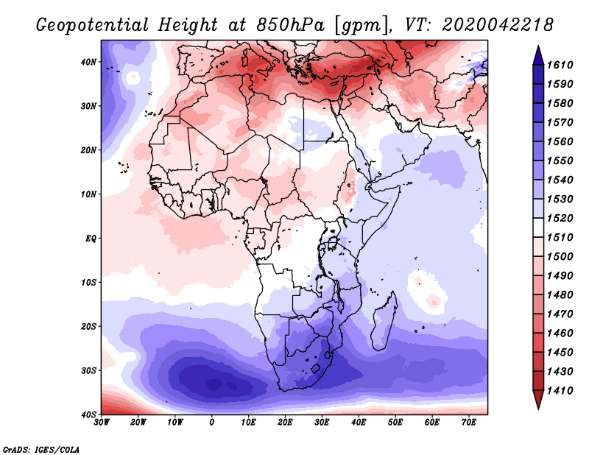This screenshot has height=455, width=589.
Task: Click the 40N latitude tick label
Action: [x=88, y=62]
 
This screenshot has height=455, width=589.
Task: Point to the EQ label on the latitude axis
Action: [x=91, y=239]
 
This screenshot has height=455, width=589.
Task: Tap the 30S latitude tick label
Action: [x=88, y=370]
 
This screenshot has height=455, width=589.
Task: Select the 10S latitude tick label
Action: [x=88, y=282]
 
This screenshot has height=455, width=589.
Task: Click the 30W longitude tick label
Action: [x=102, y=423]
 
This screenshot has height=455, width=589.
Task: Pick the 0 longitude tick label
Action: [x=212, y=423]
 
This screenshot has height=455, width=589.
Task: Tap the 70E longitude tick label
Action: [x=468, y=423]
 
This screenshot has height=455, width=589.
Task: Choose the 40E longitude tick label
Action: [x=359, y=423]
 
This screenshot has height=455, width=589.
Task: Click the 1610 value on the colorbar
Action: [x=560, y=65]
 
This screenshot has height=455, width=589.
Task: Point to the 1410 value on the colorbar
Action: [x=560, y=391]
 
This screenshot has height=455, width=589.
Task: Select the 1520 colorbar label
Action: [x=560, y=218]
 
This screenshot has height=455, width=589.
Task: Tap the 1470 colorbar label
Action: [x=560, y=314]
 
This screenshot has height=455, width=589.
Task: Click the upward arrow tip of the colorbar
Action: [x=538, y=46]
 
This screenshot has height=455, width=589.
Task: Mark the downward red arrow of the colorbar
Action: [x=538, y=399]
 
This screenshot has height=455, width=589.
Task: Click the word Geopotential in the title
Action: [x=93, y=25]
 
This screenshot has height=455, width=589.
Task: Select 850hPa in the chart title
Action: [x=290, y=25]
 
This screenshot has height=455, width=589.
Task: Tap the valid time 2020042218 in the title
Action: [x=498, y=25]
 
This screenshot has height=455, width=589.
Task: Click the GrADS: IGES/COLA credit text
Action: [x=41, y=449]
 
